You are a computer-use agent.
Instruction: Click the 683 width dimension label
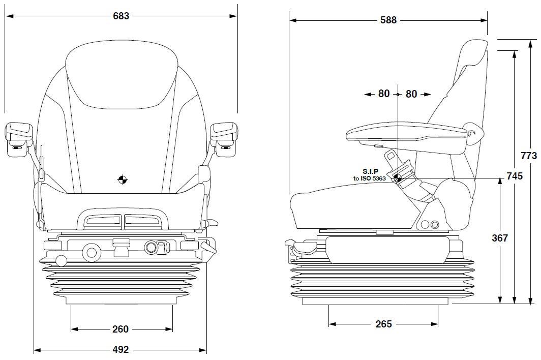point(121,16)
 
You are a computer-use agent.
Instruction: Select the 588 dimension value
point(388,20)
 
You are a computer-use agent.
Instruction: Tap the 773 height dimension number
point(529,156)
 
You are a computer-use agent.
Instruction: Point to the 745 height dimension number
point(515,176)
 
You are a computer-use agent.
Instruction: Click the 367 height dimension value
point(500,237)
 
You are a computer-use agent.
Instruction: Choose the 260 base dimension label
point(120,329)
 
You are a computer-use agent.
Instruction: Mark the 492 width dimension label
point(120,350)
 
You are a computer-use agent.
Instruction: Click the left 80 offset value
point(384,94)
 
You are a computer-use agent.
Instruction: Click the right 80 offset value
point(411,94)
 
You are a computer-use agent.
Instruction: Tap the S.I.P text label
point(372,172)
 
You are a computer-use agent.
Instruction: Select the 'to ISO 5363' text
point(370,178)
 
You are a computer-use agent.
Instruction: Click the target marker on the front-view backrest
point(122,179)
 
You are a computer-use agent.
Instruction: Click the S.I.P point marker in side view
point(398,178)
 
